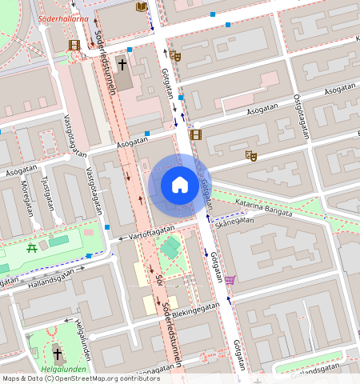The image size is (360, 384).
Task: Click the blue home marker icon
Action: tap(180, 185)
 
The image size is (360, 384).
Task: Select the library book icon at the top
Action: tap(142, 7)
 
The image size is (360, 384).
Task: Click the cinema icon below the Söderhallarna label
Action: tap(74, 46)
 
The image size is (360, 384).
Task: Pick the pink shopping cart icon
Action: tap(230, 279)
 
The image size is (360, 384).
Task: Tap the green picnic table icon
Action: tap(32, 249)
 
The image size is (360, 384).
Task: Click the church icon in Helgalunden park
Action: tap(57, 352)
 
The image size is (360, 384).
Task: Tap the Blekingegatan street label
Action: tap(198, 310)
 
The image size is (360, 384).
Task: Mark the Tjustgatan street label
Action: tap(50, 197)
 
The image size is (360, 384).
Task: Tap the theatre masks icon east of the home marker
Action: tap(250, 155)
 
